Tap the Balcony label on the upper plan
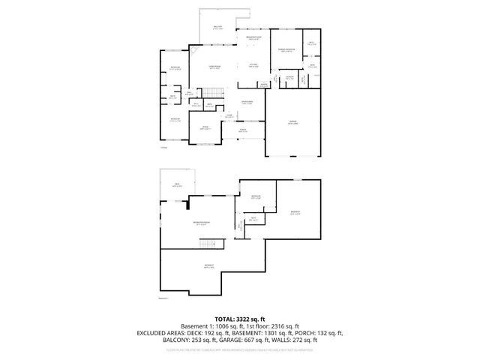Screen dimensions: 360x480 pyautogui.click(x=218, y=28)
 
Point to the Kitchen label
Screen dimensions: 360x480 pyautogui.click(x=253, y=65)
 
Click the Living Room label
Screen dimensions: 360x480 pyautogui.click(x=214, y=67)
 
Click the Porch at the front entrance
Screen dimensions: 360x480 pyautogui.click(x=242, y=131)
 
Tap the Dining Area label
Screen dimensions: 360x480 pyautogui.click(x=247, y=102)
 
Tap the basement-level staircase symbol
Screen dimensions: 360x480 pyautogui.click(x=211, y=244)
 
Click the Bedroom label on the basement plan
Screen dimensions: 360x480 pyautogui.click(x=256, y=198)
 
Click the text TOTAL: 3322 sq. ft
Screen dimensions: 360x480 pyautogui.click(x=240, y=319)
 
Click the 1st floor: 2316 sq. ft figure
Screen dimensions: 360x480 pyautogui.click(x=279, y=326)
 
